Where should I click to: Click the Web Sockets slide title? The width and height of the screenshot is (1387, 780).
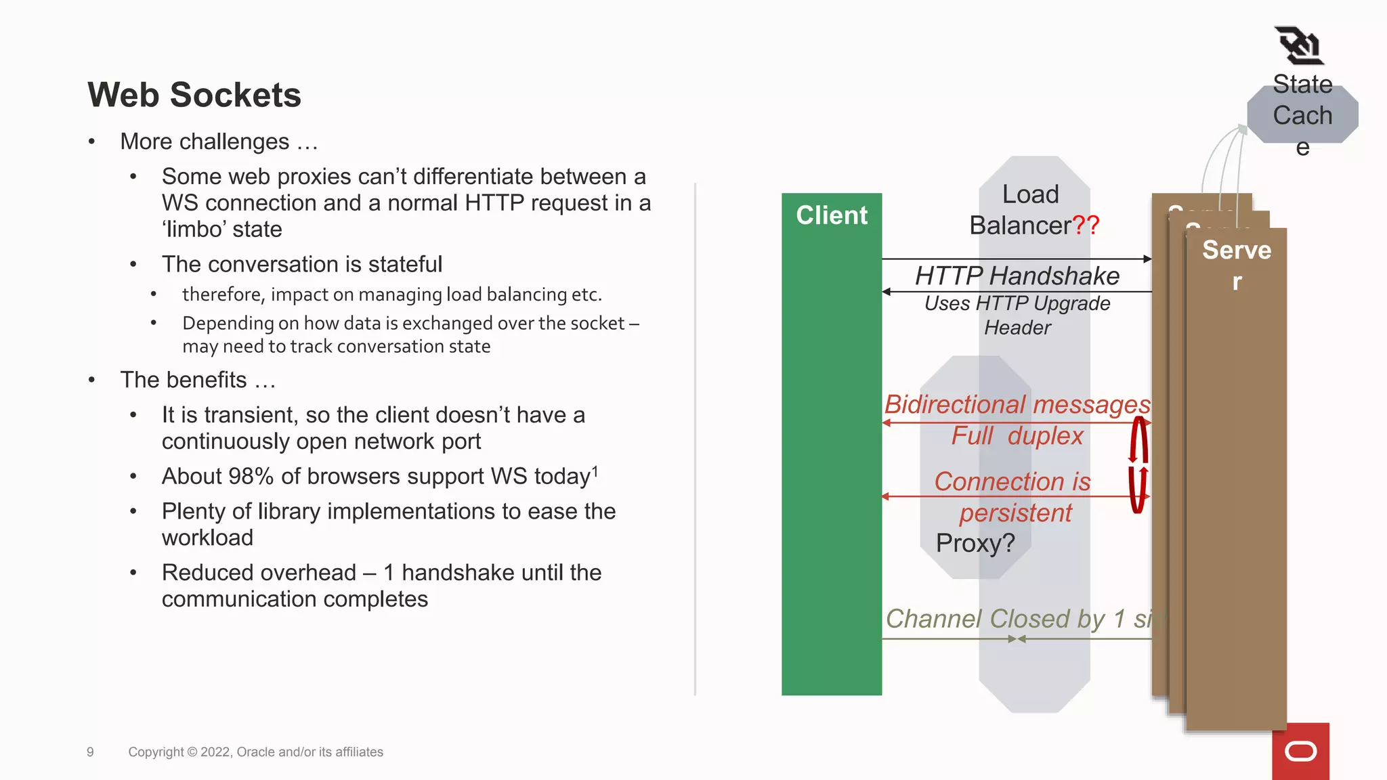(194, 95)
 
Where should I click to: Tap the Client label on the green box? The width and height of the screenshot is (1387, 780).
(831, 215)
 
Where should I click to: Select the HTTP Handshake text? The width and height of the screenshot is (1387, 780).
(1017, 276)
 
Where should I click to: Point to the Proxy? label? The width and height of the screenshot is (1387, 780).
(975, 543)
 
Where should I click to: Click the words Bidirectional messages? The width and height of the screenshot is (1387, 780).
(1017, 404)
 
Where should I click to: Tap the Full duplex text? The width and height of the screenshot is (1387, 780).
(1017, 436)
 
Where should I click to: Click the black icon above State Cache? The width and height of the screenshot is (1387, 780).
(1298, 46)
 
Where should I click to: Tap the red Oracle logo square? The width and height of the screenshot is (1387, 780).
(1300, 751)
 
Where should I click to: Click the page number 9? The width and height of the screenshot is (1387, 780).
(90, 752)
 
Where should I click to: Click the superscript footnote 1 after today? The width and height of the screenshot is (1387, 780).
(595, 471)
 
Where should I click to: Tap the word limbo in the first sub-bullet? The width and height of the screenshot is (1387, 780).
(196, 230)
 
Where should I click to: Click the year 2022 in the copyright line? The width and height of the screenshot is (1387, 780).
(215, 752)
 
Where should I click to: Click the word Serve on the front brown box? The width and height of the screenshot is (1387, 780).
(1236, 251)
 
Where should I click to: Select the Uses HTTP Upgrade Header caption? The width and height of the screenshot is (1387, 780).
(1017, 316)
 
